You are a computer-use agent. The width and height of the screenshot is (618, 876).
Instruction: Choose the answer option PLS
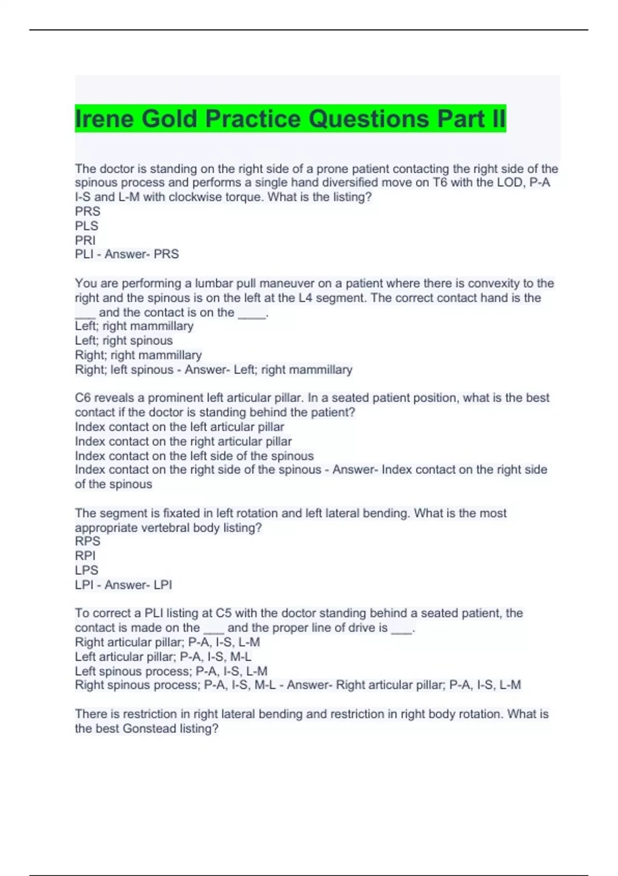[87, 226]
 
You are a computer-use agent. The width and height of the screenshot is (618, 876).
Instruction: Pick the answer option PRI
[85, 240]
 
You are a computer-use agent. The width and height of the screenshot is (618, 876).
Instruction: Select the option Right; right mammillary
[138, 355]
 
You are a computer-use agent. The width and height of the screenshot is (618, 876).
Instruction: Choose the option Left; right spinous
[124, 341]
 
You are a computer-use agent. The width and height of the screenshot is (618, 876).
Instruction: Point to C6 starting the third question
[83, 398]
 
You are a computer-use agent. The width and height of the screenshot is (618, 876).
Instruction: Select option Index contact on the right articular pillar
[183, 442]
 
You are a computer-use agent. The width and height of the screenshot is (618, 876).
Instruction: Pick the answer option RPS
[88, 542]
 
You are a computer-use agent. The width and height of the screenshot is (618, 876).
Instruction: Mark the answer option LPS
[87, 570]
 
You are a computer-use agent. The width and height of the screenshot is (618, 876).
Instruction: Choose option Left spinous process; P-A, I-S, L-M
[171, 671]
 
